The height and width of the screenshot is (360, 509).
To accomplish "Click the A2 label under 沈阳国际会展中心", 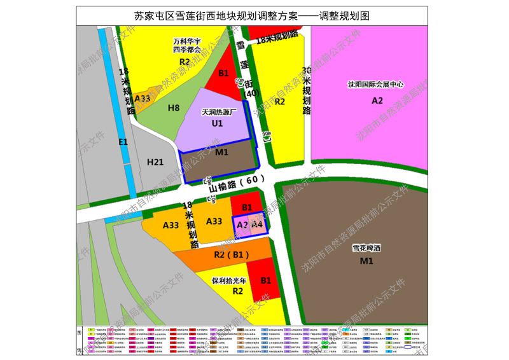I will [377, 100].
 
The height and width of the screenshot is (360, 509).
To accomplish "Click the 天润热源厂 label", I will [218, 112].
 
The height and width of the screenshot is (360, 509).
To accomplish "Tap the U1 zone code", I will [217, 123].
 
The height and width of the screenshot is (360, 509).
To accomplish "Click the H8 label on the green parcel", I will [174, 108].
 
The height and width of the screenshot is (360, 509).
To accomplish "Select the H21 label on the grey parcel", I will [155, 162].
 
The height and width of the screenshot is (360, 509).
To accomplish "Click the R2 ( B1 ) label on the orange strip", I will [231, 255].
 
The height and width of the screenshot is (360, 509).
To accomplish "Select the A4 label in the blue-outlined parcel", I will [257, 225].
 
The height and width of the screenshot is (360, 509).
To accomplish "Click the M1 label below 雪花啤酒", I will [365, 261].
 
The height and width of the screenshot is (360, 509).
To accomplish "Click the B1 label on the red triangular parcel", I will [223, 74].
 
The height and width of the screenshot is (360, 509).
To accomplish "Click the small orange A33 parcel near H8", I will [142, 99].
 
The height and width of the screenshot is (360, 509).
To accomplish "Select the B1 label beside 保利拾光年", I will [266, 280].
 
